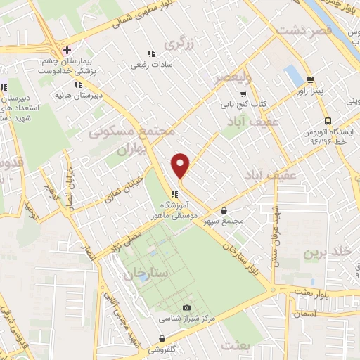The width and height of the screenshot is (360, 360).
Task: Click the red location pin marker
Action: pos(181,165)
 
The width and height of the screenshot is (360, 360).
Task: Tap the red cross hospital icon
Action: pos(67,50)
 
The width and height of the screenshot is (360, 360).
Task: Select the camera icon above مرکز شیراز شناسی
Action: pos(186,307)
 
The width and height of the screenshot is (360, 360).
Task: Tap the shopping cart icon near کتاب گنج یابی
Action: pos(243,94)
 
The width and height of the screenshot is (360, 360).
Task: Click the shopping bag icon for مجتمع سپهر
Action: pos(224,210)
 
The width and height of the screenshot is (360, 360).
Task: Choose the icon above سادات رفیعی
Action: pos(150,53)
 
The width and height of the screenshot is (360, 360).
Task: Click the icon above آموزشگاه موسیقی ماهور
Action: pos(172,194)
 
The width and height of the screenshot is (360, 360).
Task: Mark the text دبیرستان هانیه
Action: pos(79,94)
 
